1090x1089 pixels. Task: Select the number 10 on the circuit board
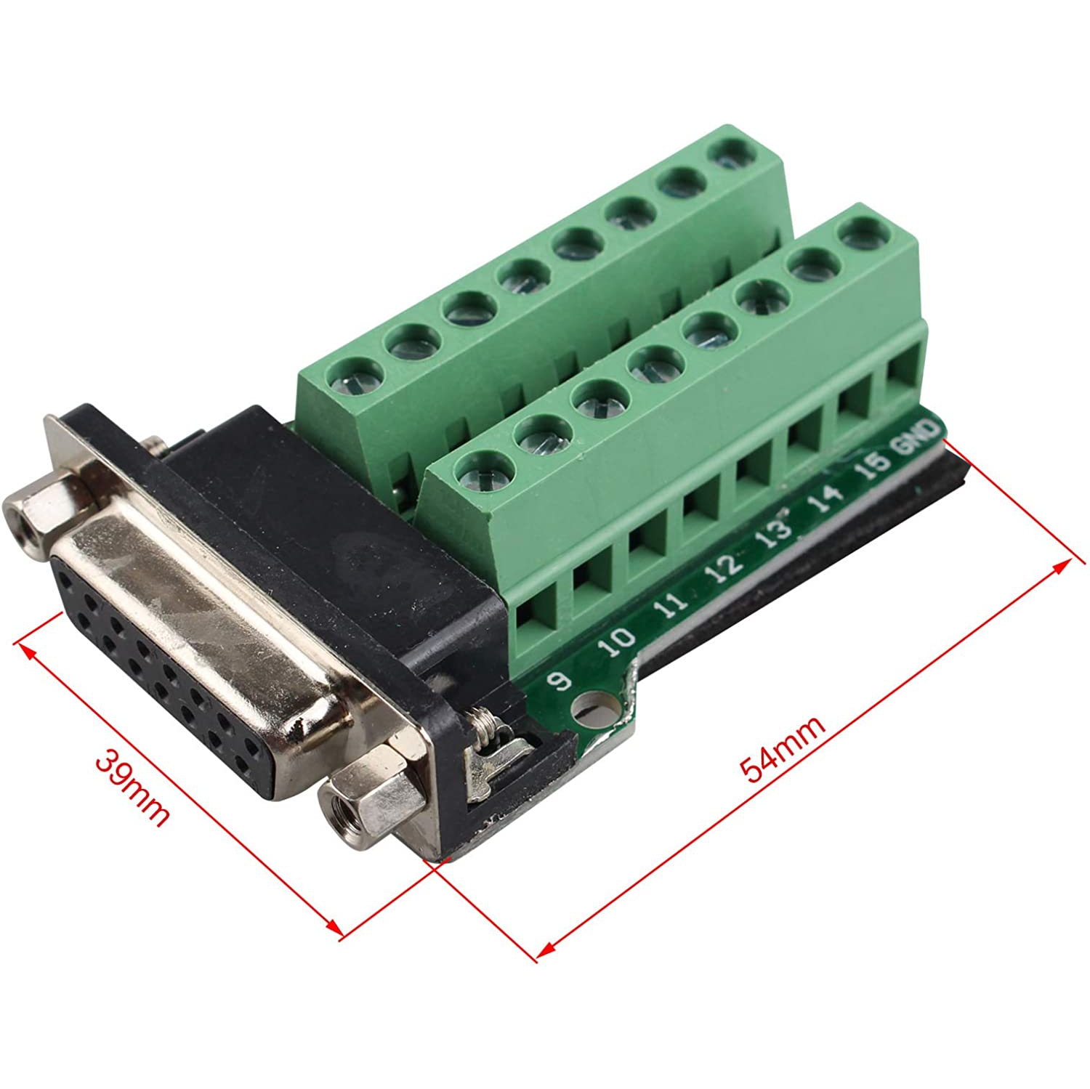pos(620,641)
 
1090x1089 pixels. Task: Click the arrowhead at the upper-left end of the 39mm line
pos(25,648)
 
